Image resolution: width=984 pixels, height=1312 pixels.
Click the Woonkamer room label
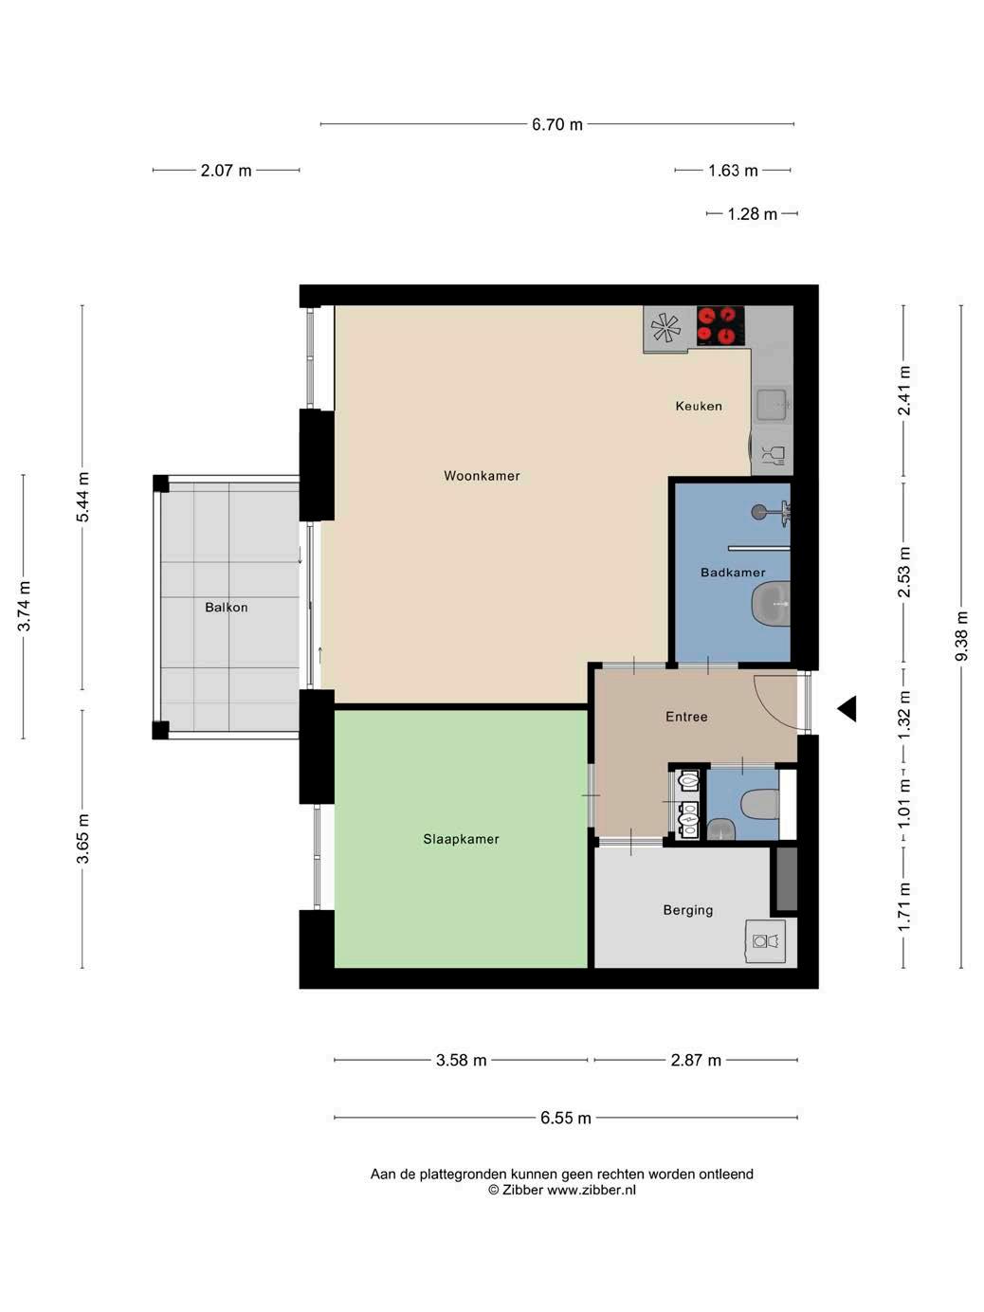point(482,476)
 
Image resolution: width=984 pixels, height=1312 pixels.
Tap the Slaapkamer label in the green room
point(461,839)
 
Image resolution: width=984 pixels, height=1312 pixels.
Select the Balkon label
point(226,608)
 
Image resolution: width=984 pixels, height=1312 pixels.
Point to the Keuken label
point(699,406)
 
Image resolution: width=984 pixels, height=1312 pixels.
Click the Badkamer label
point(733,573)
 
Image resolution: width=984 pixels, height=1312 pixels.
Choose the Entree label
point(686,717)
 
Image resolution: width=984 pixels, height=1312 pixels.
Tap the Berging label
point(687,910)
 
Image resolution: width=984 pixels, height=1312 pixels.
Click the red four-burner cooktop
point(720,326)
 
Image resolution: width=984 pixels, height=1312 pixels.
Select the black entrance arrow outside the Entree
point(847,709)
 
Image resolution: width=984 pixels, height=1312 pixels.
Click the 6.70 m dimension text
point(556,124)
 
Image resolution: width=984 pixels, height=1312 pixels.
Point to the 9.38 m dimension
point(960,636)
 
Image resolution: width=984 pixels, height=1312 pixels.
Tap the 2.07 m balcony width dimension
point(226,171)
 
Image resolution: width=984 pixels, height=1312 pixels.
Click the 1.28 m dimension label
point(752,213)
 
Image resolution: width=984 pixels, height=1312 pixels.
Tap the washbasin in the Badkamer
point(771,604)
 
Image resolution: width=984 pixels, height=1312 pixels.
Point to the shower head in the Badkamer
point(759,511)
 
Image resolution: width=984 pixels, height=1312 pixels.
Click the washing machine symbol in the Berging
point(765,941)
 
